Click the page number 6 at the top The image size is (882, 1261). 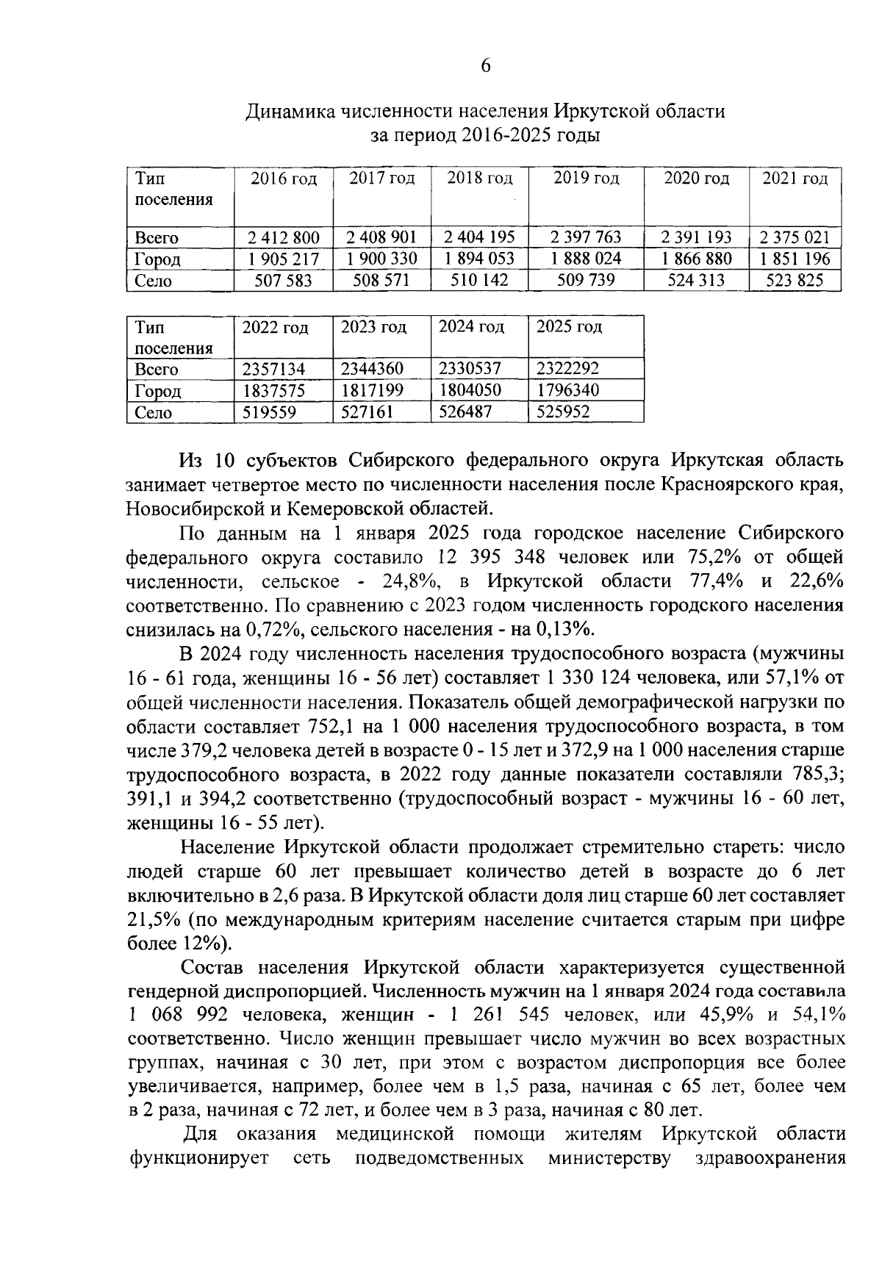click(x=485, y=66)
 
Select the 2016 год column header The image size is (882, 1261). click(x=284, y=179)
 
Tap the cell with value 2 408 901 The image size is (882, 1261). click(x=382, y=237)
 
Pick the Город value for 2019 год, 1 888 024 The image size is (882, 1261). click(x=586, y=259)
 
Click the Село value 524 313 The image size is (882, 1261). click(x=695, y=280)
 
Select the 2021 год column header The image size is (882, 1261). click(x=795, y=179)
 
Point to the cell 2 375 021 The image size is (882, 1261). click(x=795, y=237)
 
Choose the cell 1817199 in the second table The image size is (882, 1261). click(x=372, y=390)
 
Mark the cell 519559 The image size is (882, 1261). click(x=269, y=412)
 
